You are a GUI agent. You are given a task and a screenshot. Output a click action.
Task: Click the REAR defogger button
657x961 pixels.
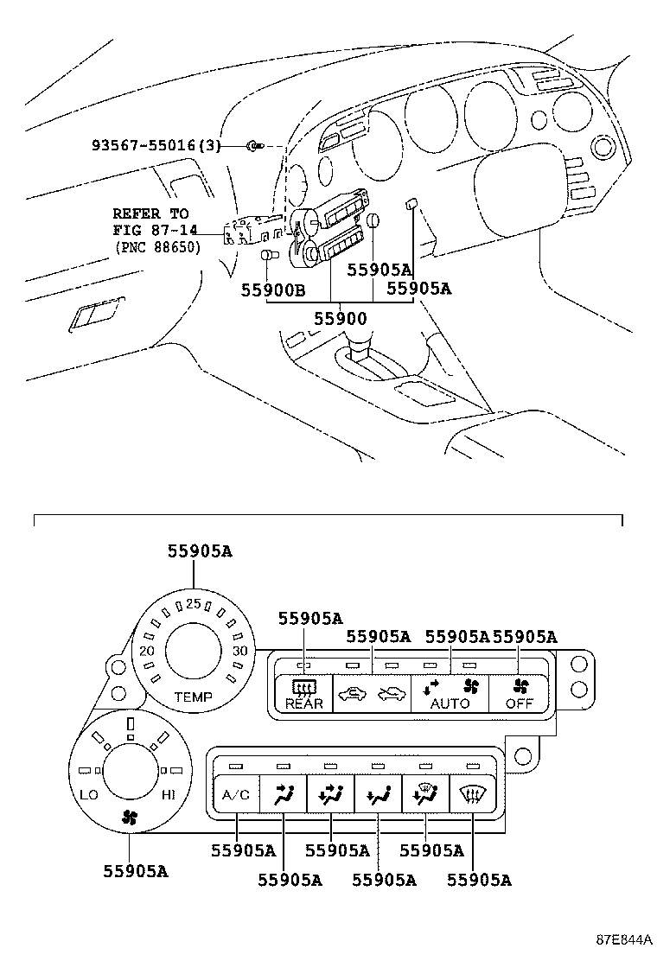304,694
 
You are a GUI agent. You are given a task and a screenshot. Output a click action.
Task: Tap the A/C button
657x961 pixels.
235,795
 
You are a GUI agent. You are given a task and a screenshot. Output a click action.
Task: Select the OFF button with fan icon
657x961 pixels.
519,694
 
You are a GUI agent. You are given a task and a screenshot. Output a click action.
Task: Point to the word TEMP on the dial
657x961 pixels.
193,696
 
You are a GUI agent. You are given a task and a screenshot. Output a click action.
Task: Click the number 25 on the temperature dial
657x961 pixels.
193,603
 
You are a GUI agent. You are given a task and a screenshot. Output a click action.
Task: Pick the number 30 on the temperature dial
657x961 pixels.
240,651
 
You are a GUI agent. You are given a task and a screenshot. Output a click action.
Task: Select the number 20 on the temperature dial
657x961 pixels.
147,651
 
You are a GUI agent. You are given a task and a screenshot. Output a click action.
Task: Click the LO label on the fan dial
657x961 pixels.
89,793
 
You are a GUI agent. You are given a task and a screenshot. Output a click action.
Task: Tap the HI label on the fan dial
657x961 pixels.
169,793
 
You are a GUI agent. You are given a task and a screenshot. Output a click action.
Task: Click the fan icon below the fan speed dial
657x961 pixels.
129,816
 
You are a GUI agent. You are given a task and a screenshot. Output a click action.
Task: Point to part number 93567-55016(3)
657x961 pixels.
156,146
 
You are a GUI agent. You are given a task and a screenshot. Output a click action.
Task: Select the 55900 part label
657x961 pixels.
340,318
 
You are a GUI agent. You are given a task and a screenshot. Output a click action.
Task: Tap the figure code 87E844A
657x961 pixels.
622,939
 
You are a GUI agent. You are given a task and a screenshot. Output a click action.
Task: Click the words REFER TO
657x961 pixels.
150,213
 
